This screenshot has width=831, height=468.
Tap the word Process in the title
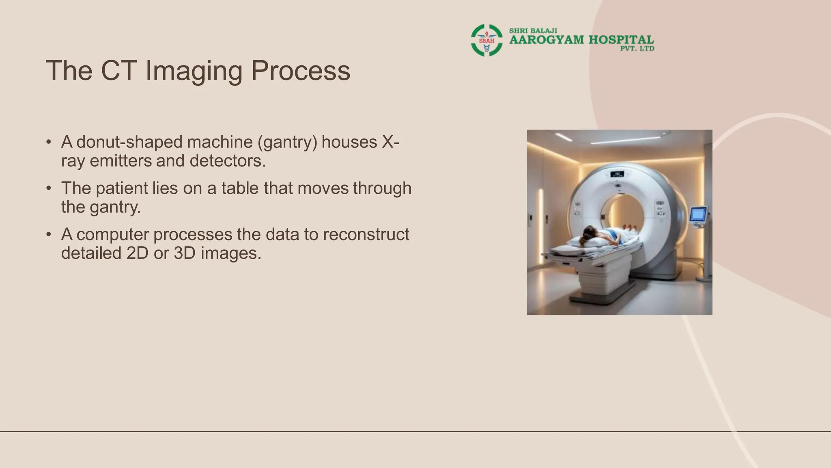300,71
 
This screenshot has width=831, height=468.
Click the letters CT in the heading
118,71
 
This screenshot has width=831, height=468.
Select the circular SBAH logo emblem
487,40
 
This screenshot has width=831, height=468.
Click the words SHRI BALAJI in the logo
533,31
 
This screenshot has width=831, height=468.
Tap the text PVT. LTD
637,49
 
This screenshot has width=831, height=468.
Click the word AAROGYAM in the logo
547,40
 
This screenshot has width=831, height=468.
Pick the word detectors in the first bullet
227,161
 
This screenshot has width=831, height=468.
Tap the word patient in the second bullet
122,188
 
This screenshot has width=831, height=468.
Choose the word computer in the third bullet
113,235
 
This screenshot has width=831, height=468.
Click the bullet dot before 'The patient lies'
49,188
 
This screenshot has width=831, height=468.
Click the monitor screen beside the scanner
698,214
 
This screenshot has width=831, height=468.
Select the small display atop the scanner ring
618,174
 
